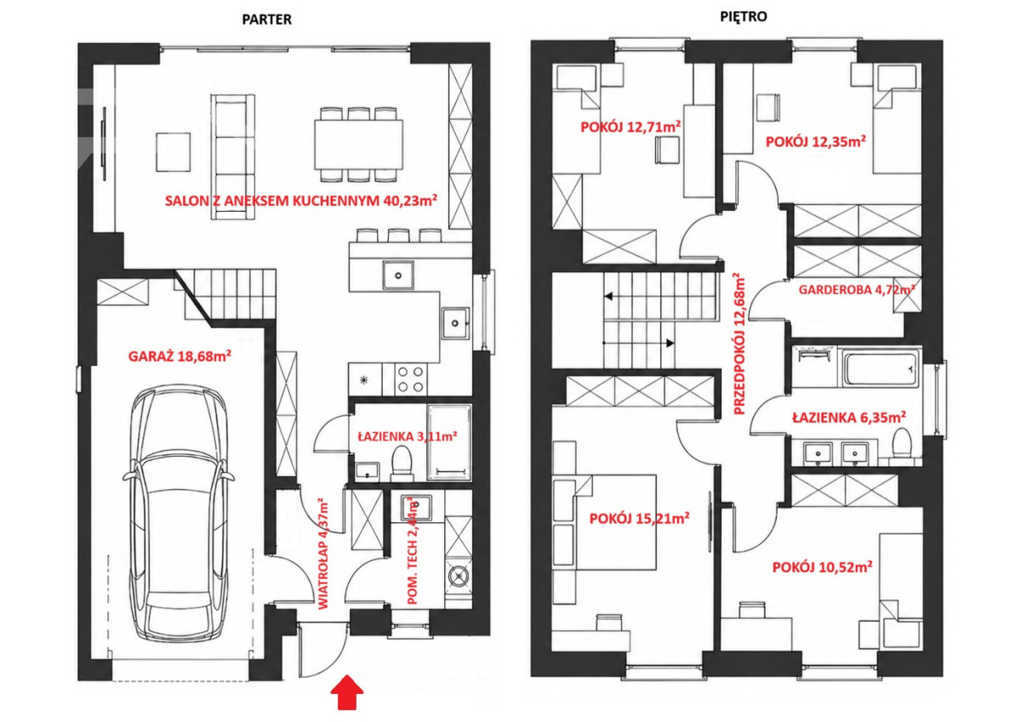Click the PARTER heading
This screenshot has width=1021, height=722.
266,20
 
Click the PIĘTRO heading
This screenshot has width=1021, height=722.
744,17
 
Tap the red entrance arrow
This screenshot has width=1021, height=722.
347,692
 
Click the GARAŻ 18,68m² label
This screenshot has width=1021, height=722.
180,356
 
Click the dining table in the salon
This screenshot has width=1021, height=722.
358,145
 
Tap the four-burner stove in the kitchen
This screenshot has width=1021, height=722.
410,379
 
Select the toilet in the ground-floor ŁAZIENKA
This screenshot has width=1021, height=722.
401,463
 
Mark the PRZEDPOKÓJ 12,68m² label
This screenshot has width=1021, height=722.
739,344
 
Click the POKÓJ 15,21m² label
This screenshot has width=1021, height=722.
639,519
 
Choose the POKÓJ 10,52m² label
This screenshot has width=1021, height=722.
822,567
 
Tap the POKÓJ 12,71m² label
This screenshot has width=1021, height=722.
630,127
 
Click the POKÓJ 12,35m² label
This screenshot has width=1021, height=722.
816,142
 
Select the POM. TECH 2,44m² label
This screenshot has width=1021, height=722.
412,551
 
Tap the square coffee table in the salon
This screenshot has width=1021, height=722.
174,152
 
